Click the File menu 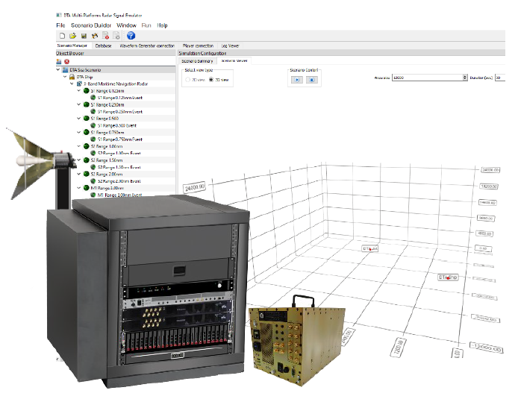coord(60,25)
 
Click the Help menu coord(162,25)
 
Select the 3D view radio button coord(211,79)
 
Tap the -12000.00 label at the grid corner coord(487,348)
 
